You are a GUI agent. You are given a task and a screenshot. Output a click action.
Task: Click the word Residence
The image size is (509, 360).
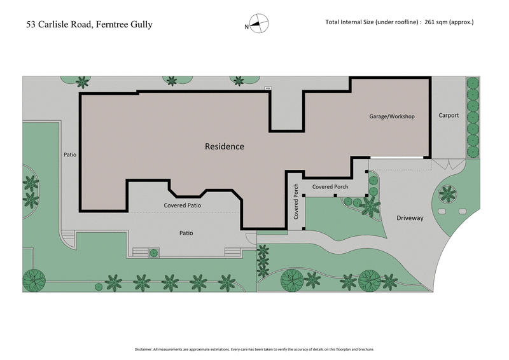point(224,146)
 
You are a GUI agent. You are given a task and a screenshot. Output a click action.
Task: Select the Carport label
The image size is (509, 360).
point(449,116)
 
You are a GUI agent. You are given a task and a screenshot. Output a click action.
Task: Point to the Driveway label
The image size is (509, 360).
point(410,218)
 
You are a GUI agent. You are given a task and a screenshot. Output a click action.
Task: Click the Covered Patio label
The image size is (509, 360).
point(183,205)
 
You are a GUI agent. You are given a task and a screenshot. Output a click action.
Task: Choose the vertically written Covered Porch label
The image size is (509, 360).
point(296,202)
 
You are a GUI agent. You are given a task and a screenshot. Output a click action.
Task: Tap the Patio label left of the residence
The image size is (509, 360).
point(70,155)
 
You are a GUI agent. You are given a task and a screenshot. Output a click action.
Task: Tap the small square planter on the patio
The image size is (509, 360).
point(153,253)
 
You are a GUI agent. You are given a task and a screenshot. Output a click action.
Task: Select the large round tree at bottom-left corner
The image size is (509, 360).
point(33,279)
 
